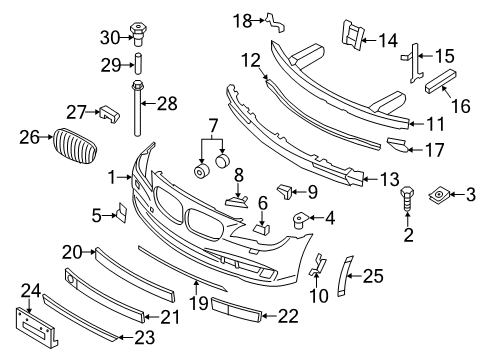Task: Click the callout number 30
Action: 110,37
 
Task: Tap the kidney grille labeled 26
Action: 75,146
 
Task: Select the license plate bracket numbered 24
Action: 37,328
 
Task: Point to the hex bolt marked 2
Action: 407,199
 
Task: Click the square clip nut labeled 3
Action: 438,195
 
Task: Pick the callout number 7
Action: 213,126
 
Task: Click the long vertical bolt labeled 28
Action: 137,108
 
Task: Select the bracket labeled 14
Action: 351,35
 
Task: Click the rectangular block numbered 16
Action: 441,81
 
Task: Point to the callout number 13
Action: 389,179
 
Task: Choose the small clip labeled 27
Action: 110,114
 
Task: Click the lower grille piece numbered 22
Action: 236,310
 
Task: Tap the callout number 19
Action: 199,303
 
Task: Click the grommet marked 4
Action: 300,220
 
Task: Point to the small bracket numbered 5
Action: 121,212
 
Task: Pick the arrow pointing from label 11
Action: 414,124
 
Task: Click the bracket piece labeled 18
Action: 275,23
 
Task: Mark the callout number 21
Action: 170,317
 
